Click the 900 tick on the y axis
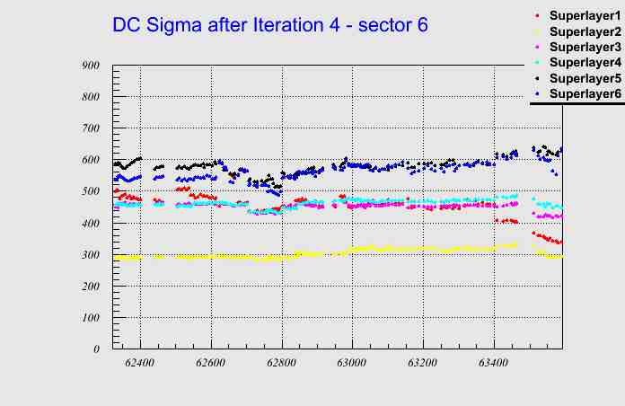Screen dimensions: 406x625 (x=90, y=65)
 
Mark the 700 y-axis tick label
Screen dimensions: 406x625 (x=90, y=128)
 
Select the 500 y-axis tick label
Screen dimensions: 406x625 (x=90, y=191)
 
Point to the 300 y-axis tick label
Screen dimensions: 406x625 (x=90, y=255)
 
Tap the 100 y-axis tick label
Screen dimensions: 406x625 (x=90, y=318)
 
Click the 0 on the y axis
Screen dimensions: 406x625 (x=96, y=349)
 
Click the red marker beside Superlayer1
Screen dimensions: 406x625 (x=537, y=15)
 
